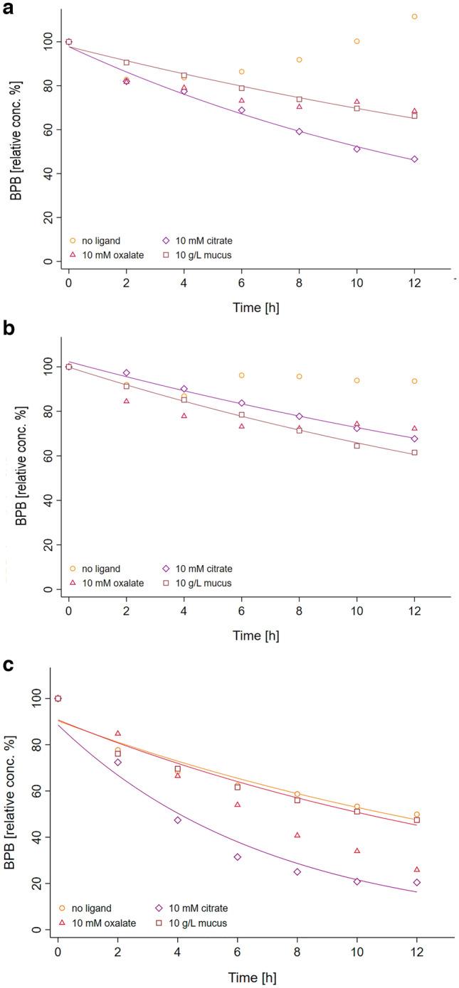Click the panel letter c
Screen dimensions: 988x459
[6, 660]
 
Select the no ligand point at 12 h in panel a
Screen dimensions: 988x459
[414, 16]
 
